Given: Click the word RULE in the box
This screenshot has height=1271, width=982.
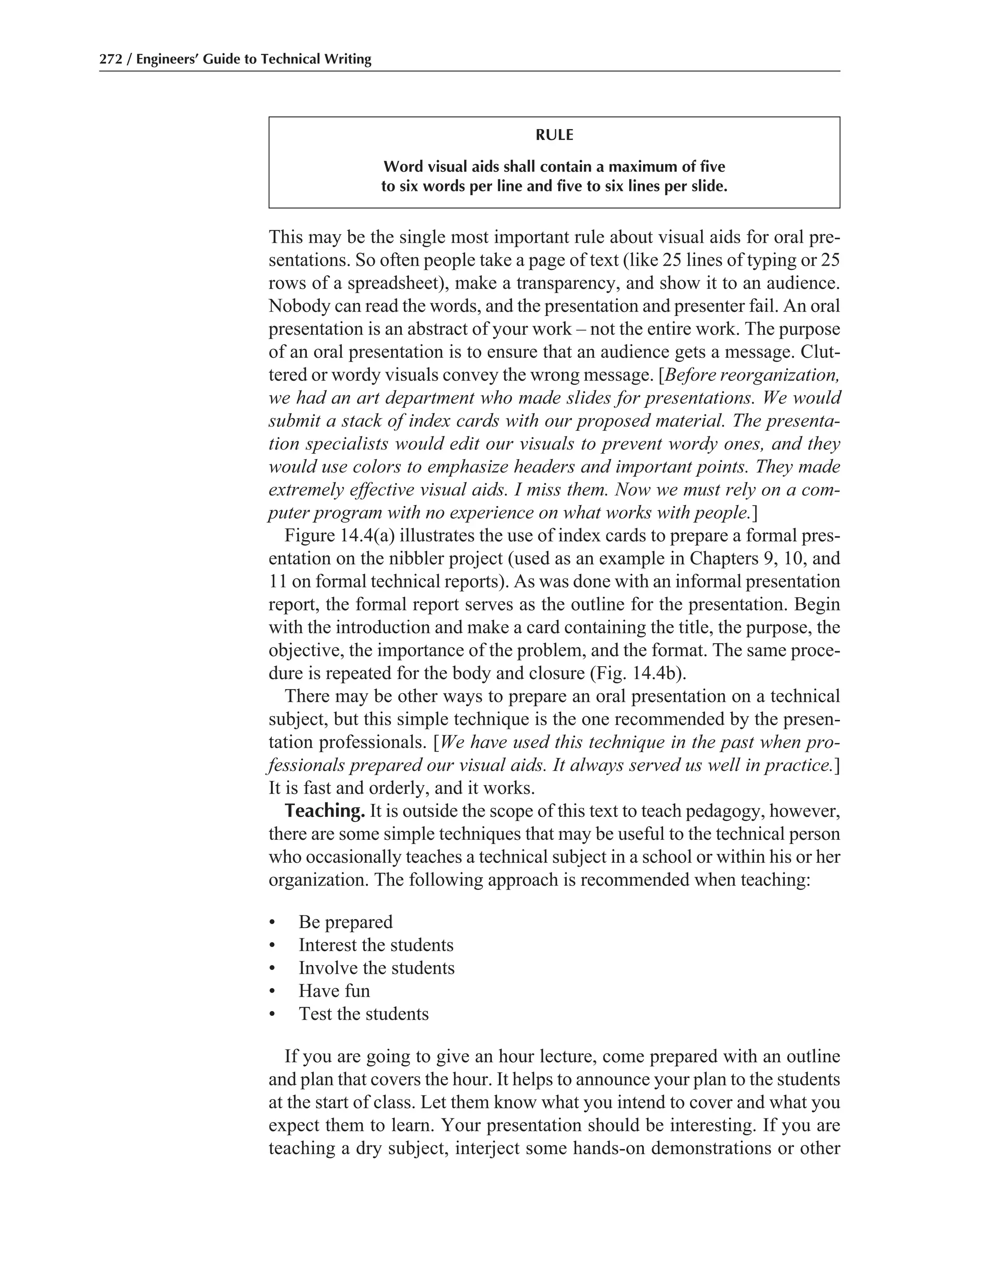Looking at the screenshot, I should coord(554,135).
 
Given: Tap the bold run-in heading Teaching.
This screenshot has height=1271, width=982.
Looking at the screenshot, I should coord(325,811).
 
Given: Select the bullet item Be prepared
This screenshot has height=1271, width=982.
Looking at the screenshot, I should coord(346,922).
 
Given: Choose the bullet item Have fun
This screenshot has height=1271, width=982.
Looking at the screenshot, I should coord(334,990).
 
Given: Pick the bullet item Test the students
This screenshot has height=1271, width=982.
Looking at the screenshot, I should coord(363,1014).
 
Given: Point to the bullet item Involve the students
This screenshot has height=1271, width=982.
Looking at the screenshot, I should coord(376,968).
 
